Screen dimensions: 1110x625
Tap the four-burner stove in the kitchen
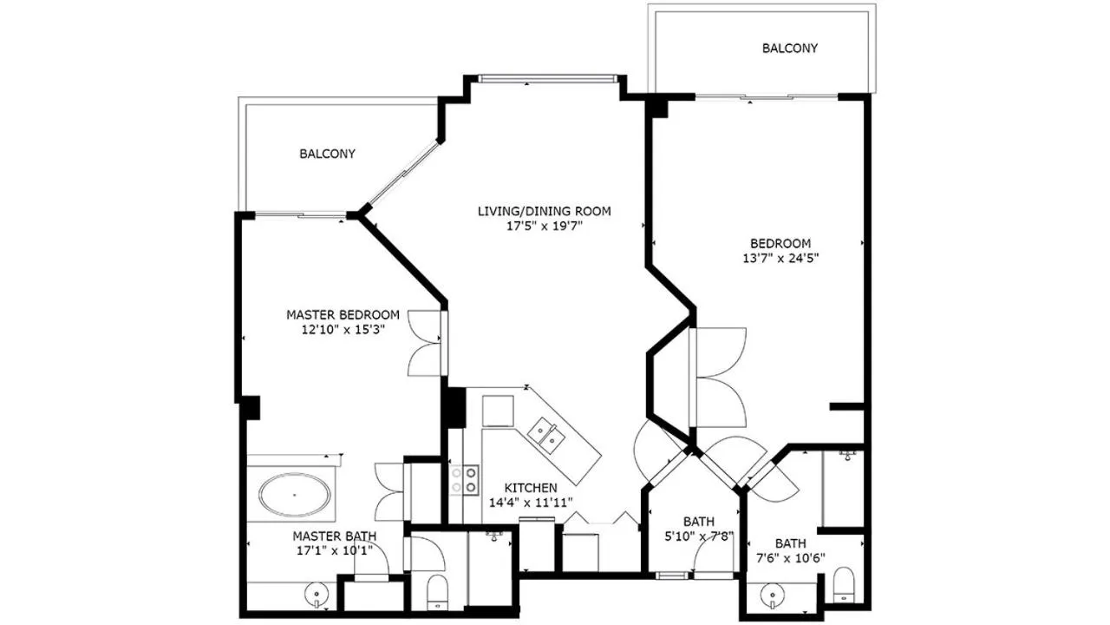464,480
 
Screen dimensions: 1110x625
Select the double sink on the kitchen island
545,434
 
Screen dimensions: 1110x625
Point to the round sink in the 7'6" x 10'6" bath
771,594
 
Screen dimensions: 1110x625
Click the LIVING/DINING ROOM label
544,211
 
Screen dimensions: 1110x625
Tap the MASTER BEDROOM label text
343,315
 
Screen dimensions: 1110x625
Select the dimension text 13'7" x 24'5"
780,259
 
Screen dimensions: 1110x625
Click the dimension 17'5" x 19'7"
544,227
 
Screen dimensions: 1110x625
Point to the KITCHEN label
531,488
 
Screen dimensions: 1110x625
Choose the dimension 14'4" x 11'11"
531,503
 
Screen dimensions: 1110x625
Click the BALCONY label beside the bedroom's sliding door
790,48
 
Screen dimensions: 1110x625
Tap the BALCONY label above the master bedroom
327,154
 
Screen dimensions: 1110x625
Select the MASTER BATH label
335,536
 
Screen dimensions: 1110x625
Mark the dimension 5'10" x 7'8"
699,536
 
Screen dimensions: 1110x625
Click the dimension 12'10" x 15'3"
343,330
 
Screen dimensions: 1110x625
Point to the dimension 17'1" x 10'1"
335,551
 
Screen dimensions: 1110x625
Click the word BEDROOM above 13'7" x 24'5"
780,244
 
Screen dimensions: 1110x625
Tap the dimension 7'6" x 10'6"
790,558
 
